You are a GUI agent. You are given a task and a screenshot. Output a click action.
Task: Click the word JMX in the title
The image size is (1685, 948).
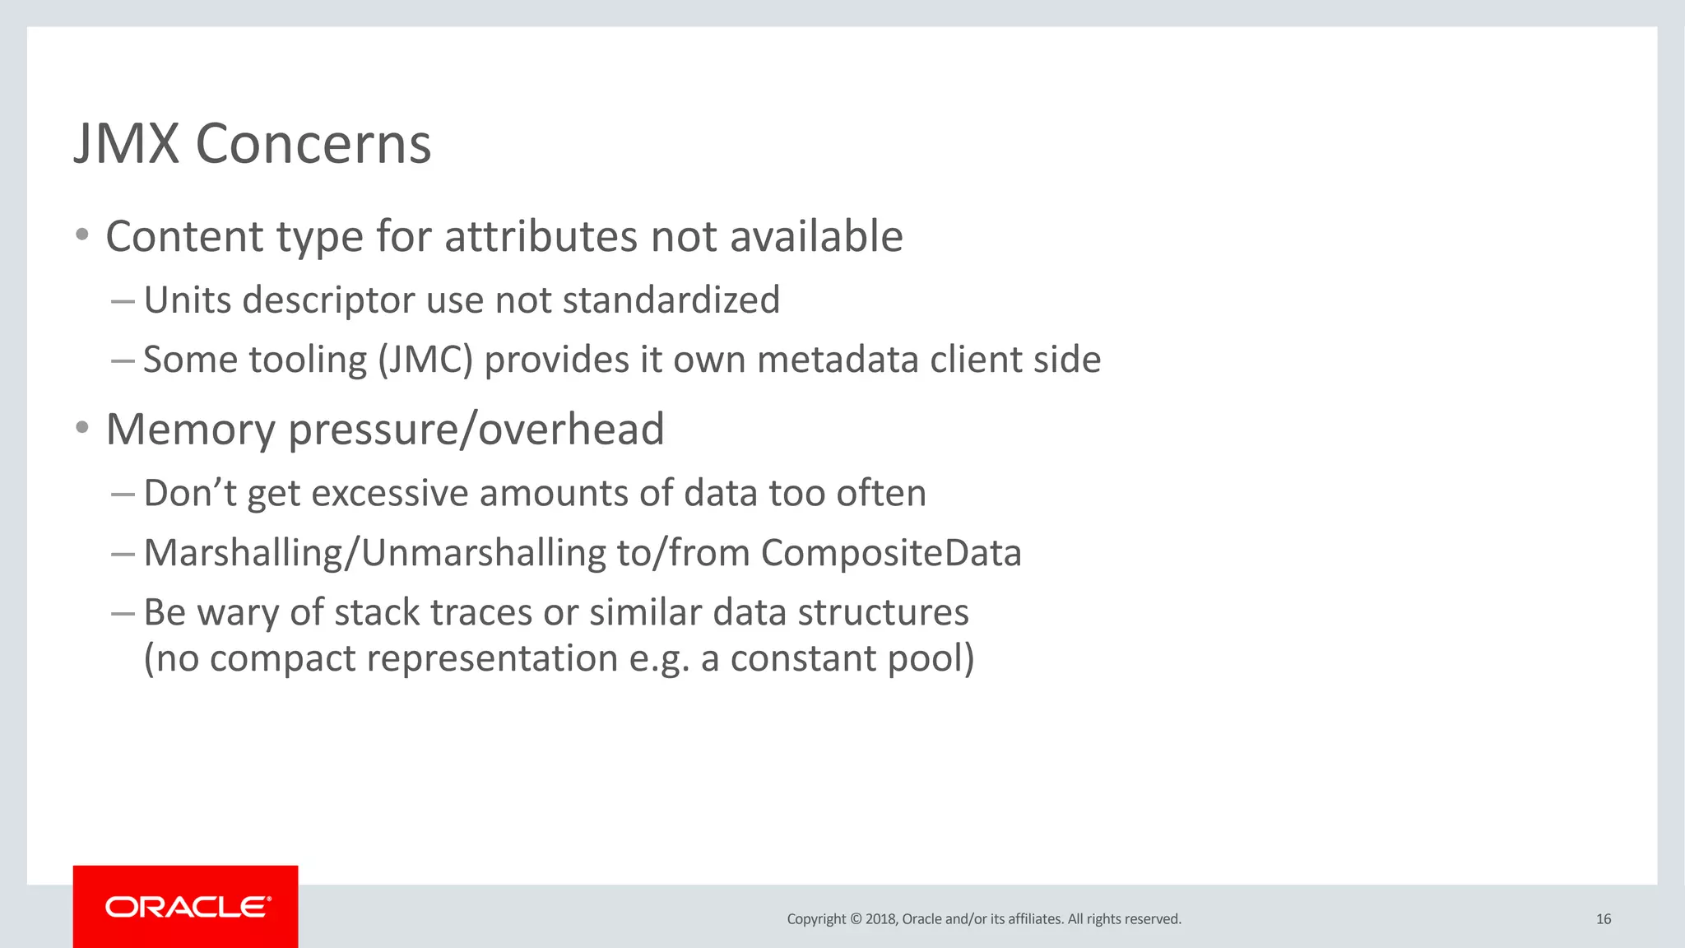[127, 144]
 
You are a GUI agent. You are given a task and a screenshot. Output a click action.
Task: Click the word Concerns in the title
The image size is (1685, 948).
[313, 144]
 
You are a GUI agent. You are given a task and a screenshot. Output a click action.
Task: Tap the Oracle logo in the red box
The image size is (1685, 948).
[187, 907]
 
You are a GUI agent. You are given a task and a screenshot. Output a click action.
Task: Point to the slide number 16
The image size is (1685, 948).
[1604, 919]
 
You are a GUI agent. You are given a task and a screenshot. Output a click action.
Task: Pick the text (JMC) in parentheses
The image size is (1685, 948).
[425, 360]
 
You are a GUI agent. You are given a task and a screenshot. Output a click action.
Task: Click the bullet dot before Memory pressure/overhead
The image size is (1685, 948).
[81, 428]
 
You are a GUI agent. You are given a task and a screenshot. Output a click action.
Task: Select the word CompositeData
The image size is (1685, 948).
[891, 553]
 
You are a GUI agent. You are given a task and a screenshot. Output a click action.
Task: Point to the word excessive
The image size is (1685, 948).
[390, 494]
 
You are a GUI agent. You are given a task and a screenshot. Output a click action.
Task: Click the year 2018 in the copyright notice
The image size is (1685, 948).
[880, 919]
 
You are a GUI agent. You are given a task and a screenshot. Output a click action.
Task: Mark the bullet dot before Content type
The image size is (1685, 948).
[81, 235]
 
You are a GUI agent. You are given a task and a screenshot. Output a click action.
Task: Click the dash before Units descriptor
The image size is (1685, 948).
[123, 301]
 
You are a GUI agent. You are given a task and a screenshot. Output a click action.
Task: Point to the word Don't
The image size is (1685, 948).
[190, 494]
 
